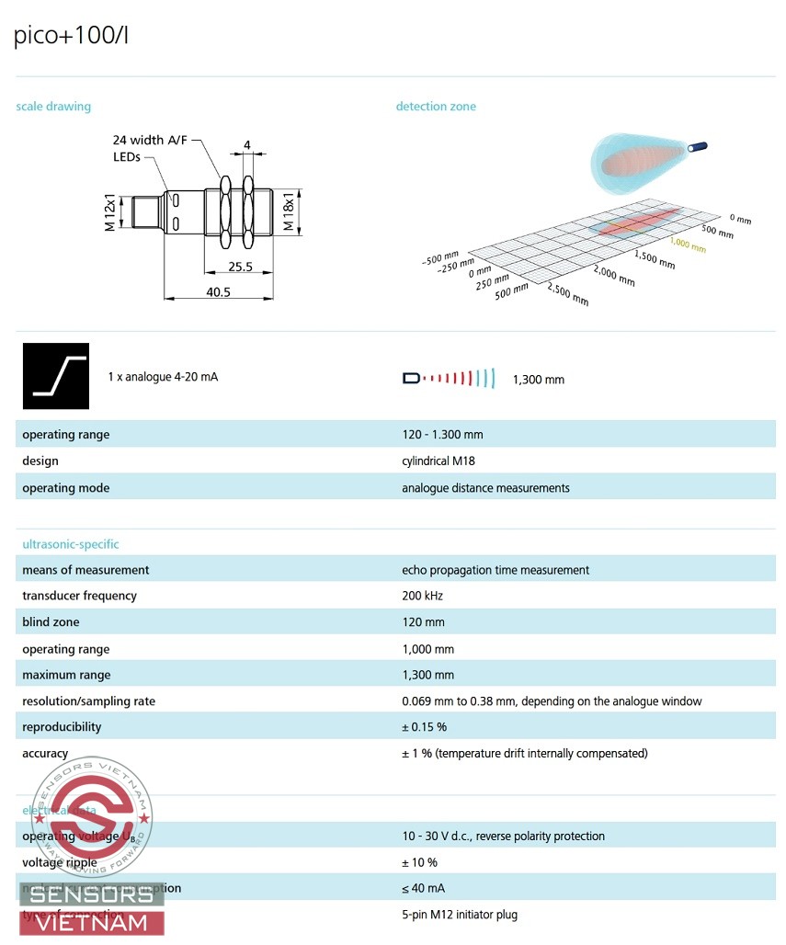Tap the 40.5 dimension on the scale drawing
click(x=218, y=291)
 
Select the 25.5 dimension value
click(x=239, y=266)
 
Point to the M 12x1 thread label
click(x=109, y=212)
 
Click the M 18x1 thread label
click(x=289, y=212)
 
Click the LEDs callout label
click(x=127, y=157)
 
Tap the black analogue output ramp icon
click(x=56, y=376)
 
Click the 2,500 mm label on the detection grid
click(x=567, y=295)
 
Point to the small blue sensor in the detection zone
click(x=701, y=146)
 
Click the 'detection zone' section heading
click(x=436, y=107)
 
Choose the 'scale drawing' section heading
click(x=53, y=107)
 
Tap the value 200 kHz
click(x=424, y=596)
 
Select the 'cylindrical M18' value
click(x=439, y=461)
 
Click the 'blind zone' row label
click(x=51, y=622)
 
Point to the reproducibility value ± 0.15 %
click(x=424, y=727)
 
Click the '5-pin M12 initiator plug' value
click(x=460, y=915)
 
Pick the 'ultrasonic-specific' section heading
click(x=71, y=544)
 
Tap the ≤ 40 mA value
click(x=419, y=888)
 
